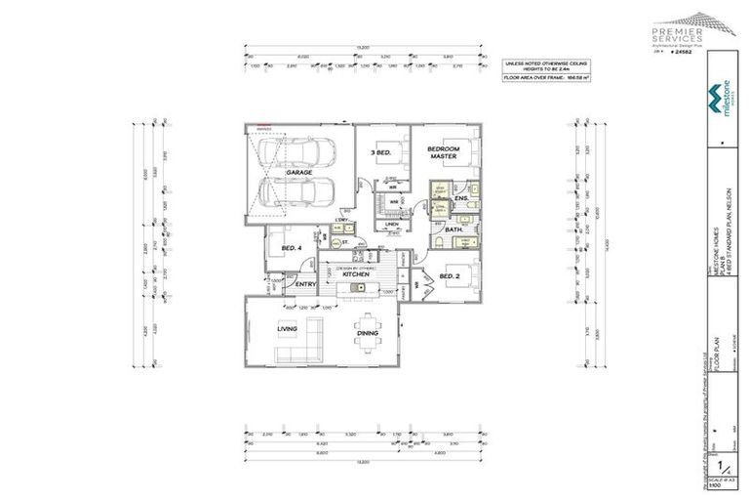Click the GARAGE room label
point(298,172)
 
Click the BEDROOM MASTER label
point(442,153)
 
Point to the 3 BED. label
point(380,152)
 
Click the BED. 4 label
point(292,249)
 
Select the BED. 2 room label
point(450,277)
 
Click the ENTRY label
point(307,284)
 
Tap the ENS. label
point(461,199)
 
